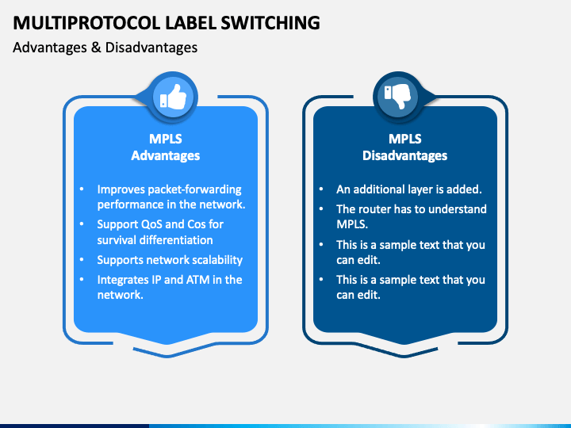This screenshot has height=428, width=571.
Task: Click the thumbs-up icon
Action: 174,97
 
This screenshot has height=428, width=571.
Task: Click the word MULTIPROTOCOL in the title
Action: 86,22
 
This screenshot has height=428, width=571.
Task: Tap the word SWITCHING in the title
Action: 270,22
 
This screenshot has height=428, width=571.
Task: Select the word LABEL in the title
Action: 190,22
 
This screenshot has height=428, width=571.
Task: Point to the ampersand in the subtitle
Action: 96,48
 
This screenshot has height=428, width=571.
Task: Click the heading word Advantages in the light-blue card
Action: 165,155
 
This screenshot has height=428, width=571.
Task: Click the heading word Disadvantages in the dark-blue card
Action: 405,155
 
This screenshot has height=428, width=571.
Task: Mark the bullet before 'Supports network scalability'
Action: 82,260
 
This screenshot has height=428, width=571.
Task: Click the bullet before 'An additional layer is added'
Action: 321,189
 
